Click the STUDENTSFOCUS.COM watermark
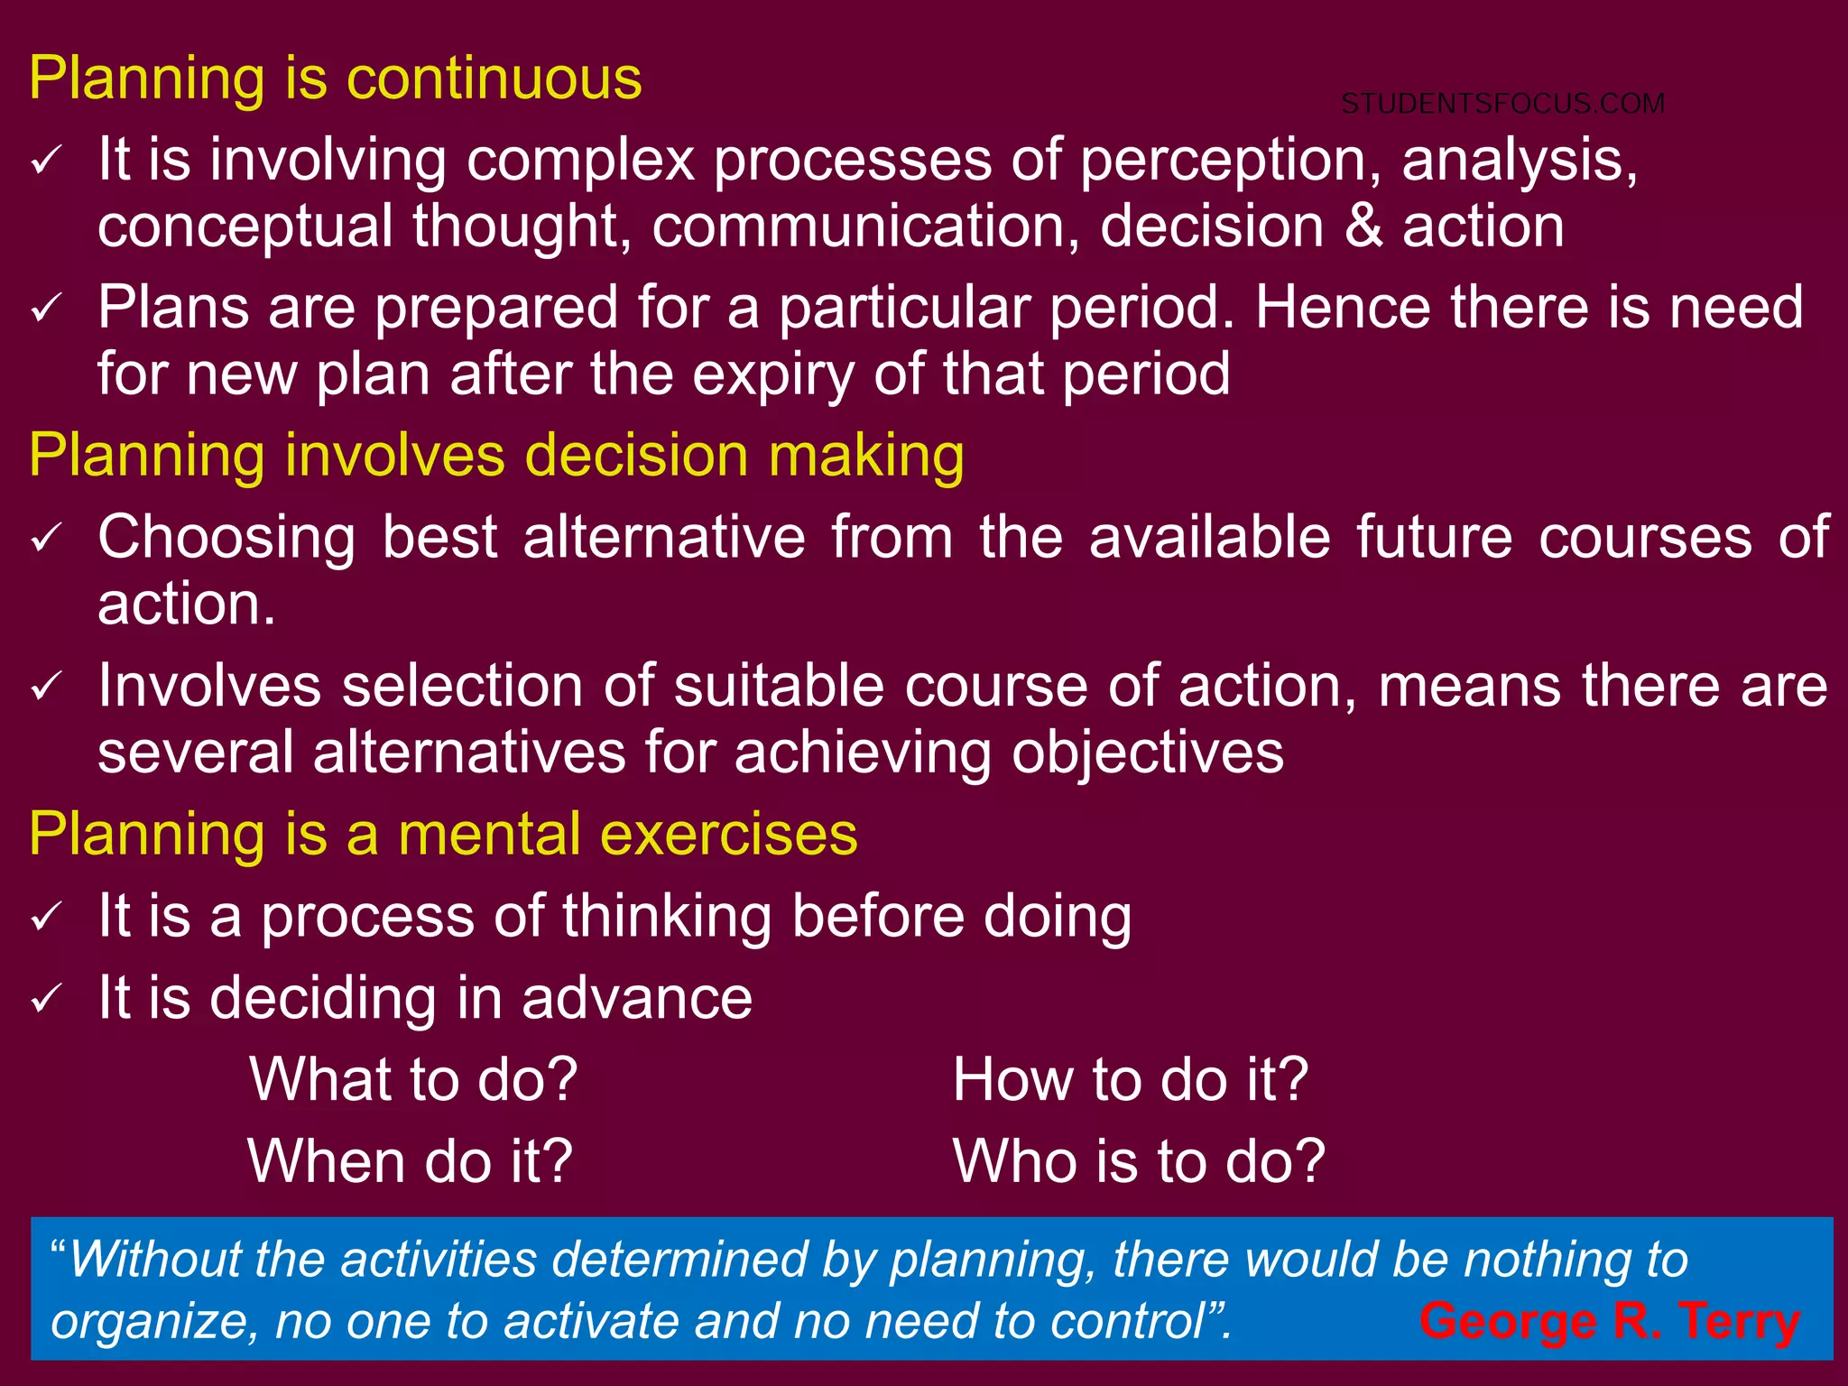click(1502, 104)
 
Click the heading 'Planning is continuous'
click(336, 79)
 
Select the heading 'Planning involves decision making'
click(496, 455)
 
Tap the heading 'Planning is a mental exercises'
click(443, 834)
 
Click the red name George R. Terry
click(1609, 1321)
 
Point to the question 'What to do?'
click(413, 1079)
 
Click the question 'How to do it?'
click(1130, 1079)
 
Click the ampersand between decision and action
click(1363, 226)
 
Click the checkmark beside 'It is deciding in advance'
click(46, 1000)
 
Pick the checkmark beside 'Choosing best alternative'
click(46, 540)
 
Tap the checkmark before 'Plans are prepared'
click(46, 310)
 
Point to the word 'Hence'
click(1343, 308)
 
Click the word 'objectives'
click(1146, 753)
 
